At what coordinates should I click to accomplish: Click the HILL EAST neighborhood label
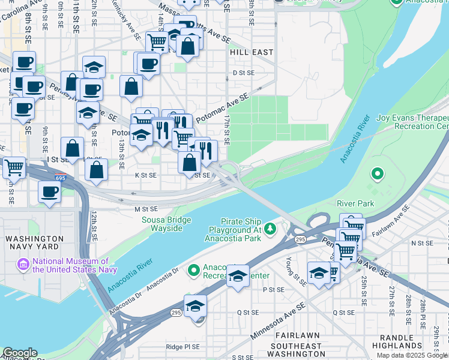(251, 53)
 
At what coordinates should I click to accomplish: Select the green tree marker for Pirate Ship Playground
(271, 228)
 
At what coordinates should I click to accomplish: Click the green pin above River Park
(377, 175)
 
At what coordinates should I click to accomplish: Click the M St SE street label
(146, 209)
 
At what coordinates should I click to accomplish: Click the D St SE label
(244, 73)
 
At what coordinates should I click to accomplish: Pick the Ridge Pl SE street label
(182, 347)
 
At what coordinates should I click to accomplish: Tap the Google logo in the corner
(20, 353)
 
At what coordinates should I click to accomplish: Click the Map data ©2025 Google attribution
(412, 356)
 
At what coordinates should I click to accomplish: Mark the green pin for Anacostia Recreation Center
(194, 271)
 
